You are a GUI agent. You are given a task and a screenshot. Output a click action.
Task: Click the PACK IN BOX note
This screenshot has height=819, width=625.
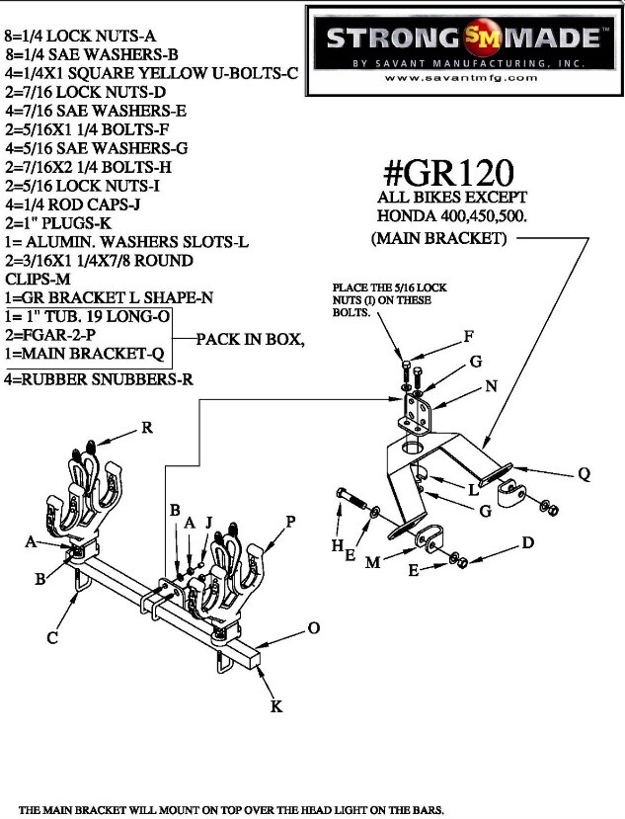pyautogui.click(x=250, y=340)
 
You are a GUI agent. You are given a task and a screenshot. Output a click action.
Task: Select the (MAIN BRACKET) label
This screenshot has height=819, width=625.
pyautogui.click(x=439, y=239)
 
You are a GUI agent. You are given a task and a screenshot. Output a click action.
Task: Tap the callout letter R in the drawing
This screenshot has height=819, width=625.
pyautogui.click(x=147, y=428)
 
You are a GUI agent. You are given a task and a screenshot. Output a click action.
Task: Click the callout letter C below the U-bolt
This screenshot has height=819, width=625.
pyautogui.click(x=53, y=638)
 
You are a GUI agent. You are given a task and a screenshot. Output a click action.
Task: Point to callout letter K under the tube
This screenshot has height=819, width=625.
pyautogui.click(x=276, y=705)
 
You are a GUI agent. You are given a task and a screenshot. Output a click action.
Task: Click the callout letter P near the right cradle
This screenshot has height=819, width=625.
pyautogui.click(x=291, y=521)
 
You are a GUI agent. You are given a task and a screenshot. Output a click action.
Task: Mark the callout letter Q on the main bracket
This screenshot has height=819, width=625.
pyautogui.click(x=584, y=474)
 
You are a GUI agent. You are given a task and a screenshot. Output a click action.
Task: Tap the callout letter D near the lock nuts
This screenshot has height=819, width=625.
pyautogui.click(x=528, y=542)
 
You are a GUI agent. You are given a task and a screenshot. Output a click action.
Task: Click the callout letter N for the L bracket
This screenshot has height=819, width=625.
pyautogui.click(x=491, y=386)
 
